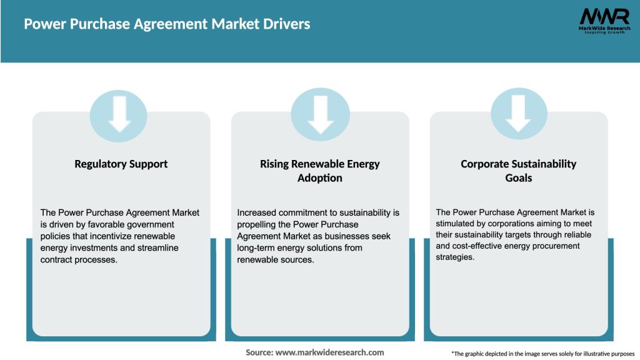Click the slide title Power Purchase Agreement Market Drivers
point(167,24)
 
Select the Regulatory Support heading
point(121,164)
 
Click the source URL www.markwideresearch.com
point(330,352)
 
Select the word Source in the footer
point(259,352)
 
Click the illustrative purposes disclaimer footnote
point(542,354)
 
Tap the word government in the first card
point(149,224)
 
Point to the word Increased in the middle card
point(257,212)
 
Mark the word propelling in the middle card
point(257,224)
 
